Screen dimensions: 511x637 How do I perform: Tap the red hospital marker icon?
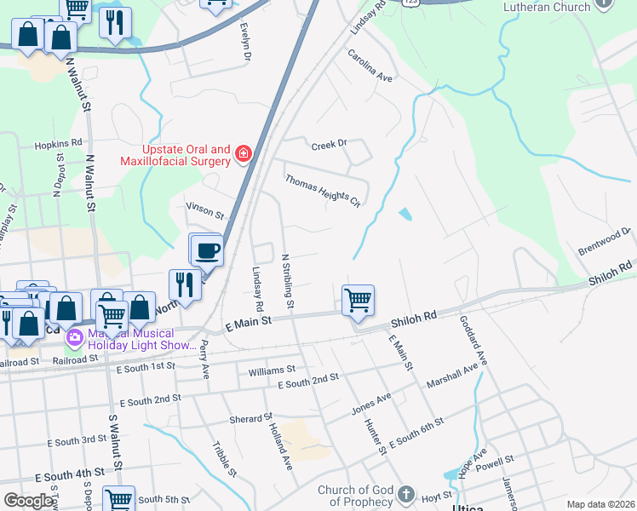tap(244, 154)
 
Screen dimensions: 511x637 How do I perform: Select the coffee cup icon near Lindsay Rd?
tap(208, 250)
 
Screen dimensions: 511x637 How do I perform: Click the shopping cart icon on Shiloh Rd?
tap(359, 300)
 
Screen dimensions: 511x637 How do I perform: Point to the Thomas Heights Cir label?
tap(323, 191)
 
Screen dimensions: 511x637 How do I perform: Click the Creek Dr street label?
tap(330, 144)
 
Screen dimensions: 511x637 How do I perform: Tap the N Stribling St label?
tap(288, 280)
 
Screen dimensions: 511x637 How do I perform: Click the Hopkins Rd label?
tap(58, 144)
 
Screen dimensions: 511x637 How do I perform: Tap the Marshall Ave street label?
tap(453, 374)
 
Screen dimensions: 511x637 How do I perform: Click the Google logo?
tap(28, 501)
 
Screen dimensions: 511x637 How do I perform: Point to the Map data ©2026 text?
tap(600, 504)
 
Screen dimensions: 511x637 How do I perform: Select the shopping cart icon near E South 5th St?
tap(118, 499)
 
